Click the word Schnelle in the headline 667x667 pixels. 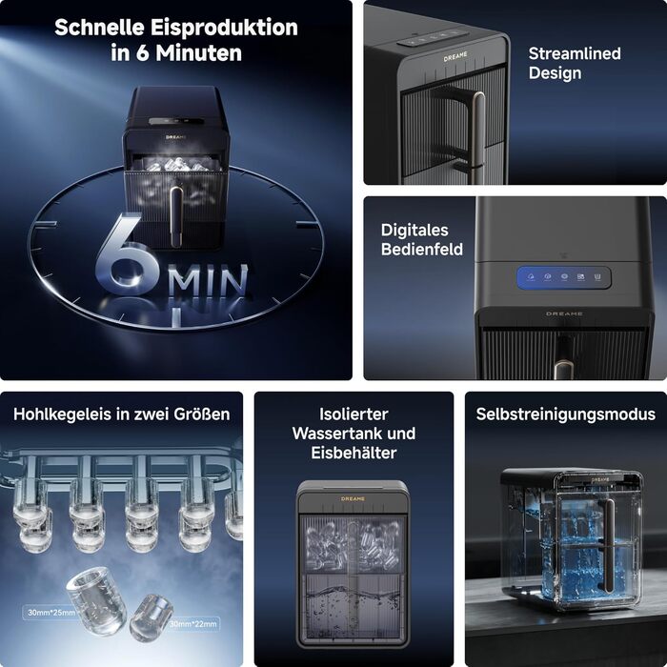pyautogui.click(x=99, y=28)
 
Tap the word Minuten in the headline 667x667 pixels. pyautogui.click(x=198, y=52)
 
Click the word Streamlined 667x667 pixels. pyautogui.click(x=575, y=53)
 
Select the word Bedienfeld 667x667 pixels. pyautogui.click(x=421, y=250)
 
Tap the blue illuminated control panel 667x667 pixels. pyautogui.click(x=564, y=278)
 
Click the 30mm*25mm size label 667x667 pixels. pyautogui.click(x=51, y=613)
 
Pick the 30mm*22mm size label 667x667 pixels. pyautogui.click(x=193, y=624)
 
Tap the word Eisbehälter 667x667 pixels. pyautogui.click(x=354, y=453)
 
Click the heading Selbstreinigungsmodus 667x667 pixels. pyautogui.click(x=566, y=414)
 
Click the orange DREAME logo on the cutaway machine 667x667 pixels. pyautogui.click(x=353, y=498)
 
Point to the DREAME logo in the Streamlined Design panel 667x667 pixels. pyautogui.click(x=455, y=57)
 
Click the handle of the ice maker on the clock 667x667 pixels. pyautogui.click(x=176, y=215)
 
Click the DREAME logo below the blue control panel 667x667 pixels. pyautogui.click(x=564, y=313)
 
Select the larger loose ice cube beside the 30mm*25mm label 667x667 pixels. pyautogui.click(x=96, y=600)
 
